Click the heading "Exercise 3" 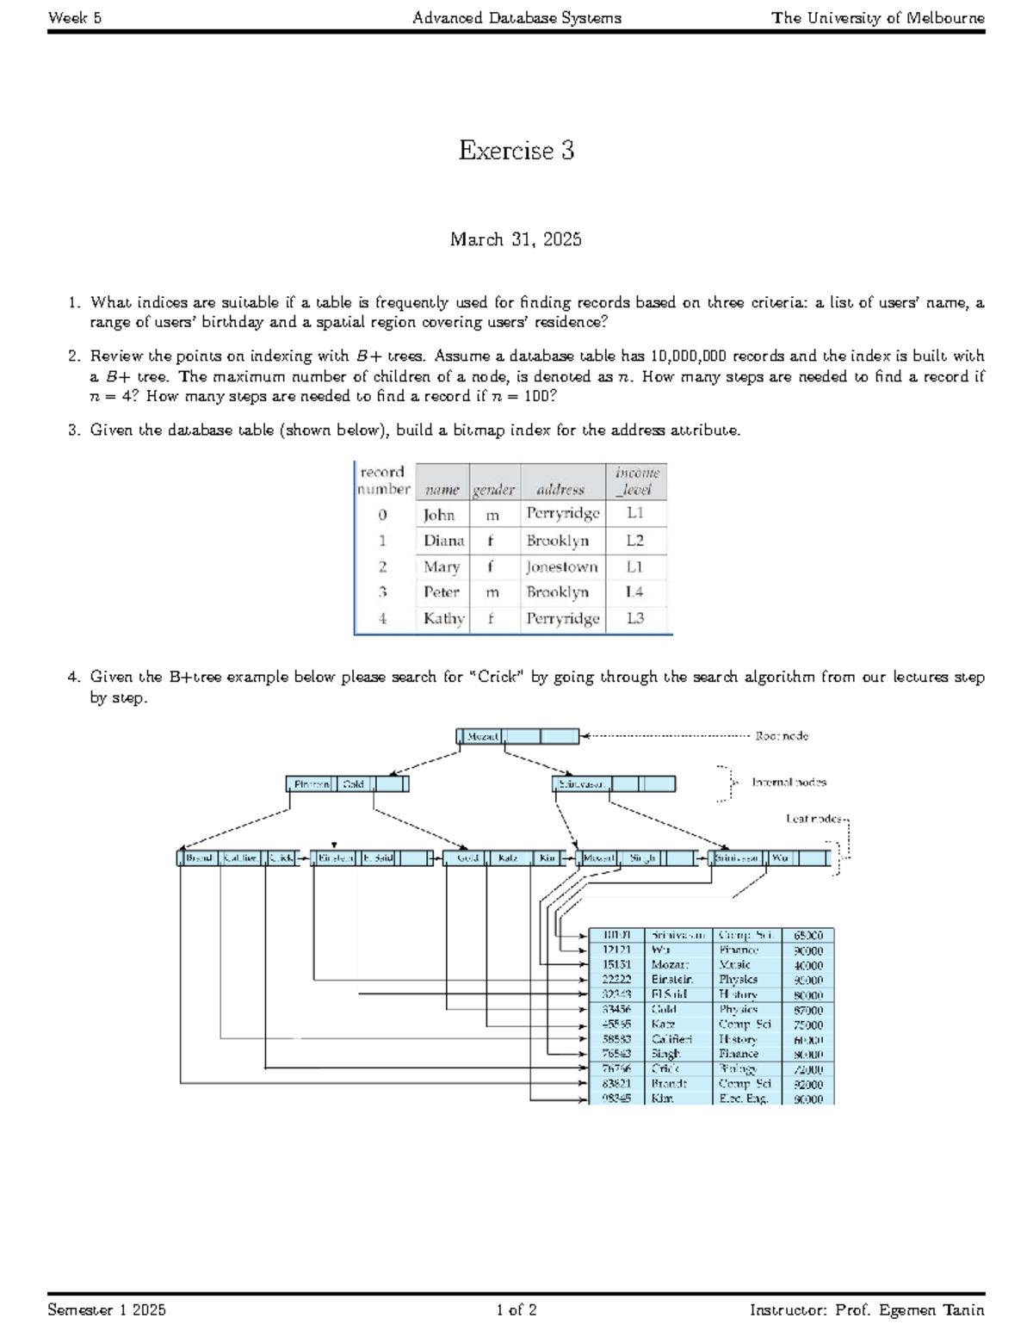pos(516,151)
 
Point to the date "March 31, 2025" pos(516,239)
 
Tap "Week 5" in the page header pos(75,17)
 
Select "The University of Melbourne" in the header pos(878,17)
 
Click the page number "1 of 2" pos(516,1310)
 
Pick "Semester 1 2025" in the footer pos(108,1310)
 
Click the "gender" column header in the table pos(493,490)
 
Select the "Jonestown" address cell pos(562,566)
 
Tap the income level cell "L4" pos(635,591)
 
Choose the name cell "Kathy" pos(443,618)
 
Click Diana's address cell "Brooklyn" pos(558,541)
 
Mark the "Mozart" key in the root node pos(482,736)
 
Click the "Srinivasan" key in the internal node pos(583,784)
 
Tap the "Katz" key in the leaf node pos(508,858)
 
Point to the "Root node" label pos(782,736)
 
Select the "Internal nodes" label pos(789,783)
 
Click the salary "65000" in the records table pos(808,936)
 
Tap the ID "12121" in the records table pos(616,950)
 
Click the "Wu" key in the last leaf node pos(780,858)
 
